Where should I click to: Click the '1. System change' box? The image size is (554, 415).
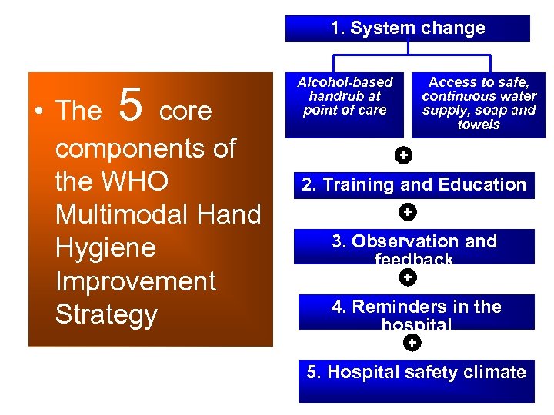[408, 28]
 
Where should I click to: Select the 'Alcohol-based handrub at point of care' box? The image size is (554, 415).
[345, 104]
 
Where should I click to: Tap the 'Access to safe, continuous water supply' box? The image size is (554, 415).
[479, 104]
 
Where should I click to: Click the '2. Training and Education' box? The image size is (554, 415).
[414, 185]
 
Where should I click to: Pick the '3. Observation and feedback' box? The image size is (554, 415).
[414, 247]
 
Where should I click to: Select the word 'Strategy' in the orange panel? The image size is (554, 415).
[106, 315]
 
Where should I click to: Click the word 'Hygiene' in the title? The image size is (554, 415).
[105, 248]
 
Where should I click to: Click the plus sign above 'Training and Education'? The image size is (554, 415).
[402, 156]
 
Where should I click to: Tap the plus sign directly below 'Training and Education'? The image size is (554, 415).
[408, 211]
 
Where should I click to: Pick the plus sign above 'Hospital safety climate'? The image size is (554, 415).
[412, 343]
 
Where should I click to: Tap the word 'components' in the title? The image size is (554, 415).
[145, 148]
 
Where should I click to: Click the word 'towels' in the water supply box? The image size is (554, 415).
[479, 124]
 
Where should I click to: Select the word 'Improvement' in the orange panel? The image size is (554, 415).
[135, 281]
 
